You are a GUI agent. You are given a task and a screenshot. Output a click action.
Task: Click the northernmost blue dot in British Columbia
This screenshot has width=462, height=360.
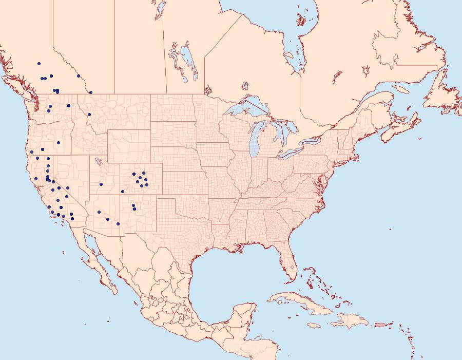pos(38,64)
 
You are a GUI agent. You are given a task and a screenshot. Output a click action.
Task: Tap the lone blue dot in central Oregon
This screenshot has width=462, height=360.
pos(59,142)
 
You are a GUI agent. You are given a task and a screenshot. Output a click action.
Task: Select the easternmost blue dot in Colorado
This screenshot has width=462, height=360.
pos(147,185)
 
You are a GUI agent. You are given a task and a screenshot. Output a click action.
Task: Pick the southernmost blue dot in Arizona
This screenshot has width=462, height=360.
pos(118,224)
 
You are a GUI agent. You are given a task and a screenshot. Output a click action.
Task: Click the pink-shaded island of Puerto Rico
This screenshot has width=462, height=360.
pos(379,324)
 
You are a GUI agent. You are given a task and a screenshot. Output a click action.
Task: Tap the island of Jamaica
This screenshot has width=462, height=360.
pos(314,326)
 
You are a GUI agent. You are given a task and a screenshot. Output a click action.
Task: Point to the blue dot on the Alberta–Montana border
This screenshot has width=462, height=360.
pos(90,92)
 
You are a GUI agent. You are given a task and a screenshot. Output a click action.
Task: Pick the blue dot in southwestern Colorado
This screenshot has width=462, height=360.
pos(123,192)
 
